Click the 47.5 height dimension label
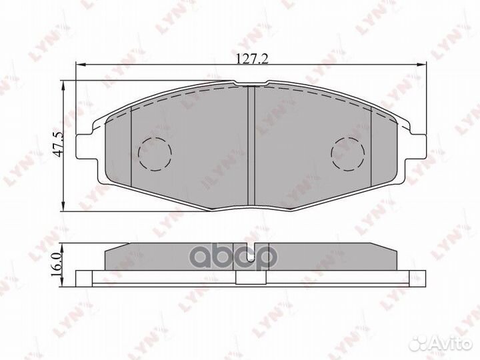click(58, 144)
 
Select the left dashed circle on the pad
click(154, 154)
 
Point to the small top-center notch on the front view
click(251, 83)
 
